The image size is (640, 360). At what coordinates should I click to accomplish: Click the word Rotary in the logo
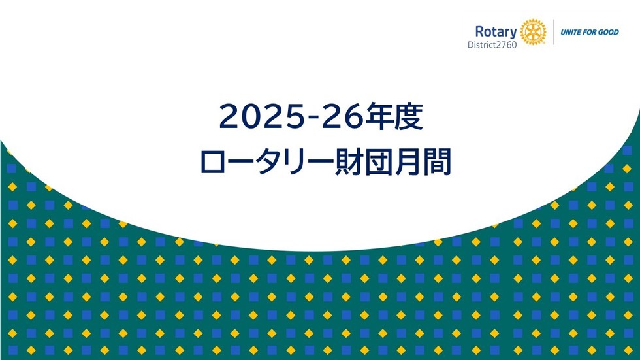[496, 32]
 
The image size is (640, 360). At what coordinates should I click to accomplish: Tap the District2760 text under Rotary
[492, 45]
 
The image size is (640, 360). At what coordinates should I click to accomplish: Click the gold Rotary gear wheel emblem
[533, 32]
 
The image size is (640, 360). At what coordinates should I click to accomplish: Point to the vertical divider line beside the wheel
[554, 32]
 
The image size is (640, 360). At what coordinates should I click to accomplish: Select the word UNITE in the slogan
[569, 32]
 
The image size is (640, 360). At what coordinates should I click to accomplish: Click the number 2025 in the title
[263, 117]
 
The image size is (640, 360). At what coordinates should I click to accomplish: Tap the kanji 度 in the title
[408, 116]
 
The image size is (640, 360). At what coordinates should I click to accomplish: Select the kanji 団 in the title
[378, 162]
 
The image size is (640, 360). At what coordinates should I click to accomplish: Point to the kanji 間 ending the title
[437, 162]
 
